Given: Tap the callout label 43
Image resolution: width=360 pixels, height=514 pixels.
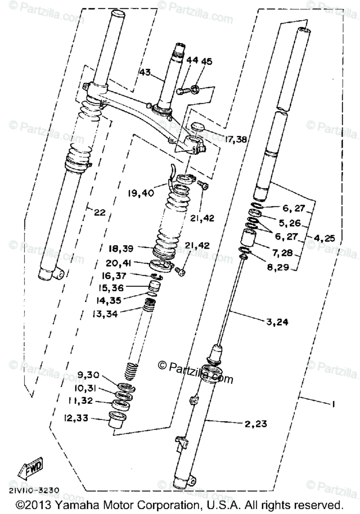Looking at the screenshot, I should (x=145, y=73).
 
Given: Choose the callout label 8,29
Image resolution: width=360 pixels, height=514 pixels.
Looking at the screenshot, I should (x=281, y=268).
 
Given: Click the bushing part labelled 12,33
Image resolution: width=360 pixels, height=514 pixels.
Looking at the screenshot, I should (x=115, y=418).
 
